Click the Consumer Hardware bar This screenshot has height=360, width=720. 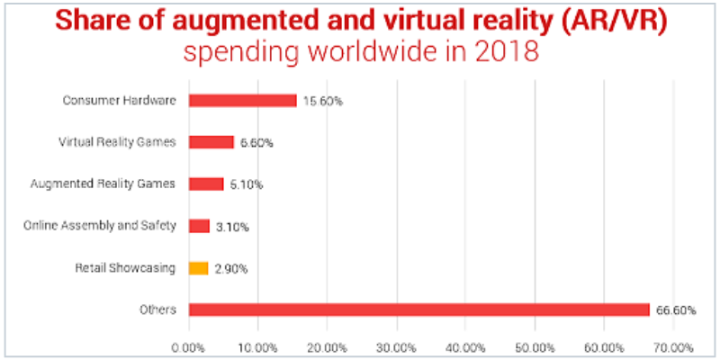tap(242, 101)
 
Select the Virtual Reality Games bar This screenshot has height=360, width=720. tap(211, 142)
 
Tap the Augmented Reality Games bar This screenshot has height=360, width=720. tap(206, 184)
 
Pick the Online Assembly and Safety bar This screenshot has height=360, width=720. tap(199, 226)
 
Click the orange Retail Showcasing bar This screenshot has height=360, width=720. tap(198, 268)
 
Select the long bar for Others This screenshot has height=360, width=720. tap(418, 310)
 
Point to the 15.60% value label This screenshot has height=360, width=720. tap(322, 101)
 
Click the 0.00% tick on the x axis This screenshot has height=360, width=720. tap(189, 346)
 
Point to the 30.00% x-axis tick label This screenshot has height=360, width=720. tap(396, 346)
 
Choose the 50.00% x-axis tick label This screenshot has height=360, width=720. tap(535, 346)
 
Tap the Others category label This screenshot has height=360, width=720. tap(161, 310)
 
